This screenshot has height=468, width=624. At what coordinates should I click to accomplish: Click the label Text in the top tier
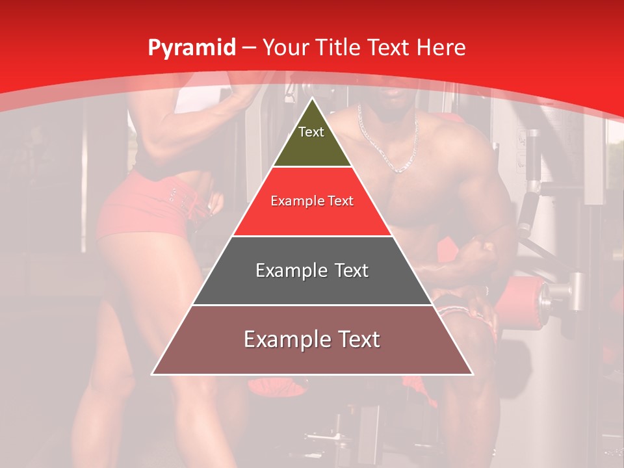311,132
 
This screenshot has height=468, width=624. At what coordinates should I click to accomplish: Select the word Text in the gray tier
348,270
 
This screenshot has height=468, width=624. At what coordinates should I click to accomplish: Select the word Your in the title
284,47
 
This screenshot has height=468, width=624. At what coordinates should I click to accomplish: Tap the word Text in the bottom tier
358,339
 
